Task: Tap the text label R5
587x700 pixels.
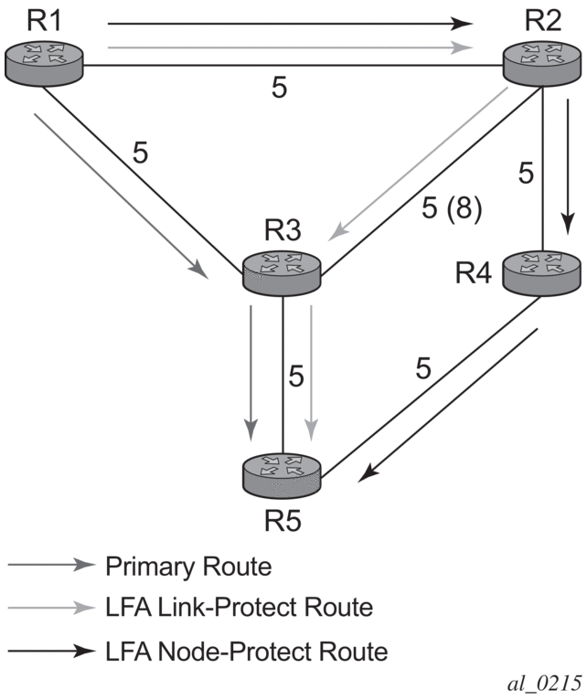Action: click(283, 522)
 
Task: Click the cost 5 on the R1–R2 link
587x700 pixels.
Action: click(280, 89)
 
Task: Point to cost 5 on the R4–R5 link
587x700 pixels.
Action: click(422, 368)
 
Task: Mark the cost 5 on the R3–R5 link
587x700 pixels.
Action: click(293, 375)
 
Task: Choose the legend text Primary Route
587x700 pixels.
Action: click(189, 567)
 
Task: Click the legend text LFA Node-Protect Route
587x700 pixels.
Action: click(247, 652)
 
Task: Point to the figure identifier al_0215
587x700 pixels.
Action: click(541, 684)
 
